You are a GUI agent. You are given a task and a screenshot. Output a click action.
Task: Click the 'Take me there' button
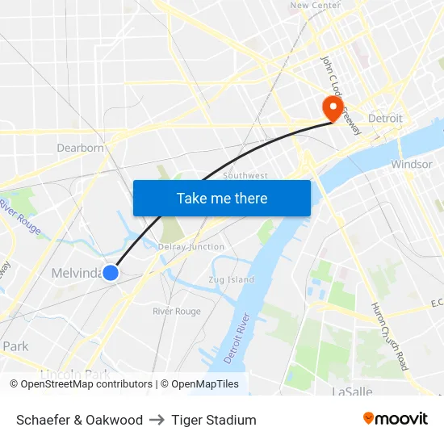pyautogui.click(x=222, y=198)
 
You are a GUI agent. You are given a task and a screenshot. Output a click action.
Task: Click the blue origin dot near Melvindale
pyautogui.click(x=111, y=274)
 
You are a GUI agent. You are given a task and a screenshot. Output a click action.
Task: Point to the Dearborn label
pyautogui.click(x=80, y=148)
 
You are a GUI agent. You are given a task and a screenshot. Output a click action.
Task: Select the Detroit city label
pyautogui.click(x=385, y=118)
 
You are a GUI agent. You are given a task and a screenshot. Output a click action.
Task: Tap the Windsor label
pyautogui.click(x=411, y=164)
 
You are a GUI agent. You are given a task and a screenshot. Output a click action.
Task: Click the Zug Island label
pyautogui.click(x=231, y=279)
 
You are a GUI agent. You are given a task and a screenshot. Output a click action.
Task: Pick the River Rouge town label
pyautogui.click(x=177, y=311)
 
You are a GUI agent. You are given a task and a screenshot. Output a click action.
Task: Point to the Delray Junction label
pyautogui.click(x=191, y=246)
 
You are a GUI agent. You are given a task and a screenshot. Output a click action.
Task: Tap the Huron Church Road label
pyautogui.click(x=390, y=336)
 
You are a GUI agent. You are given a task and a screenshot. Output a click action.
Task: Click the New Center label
pyautogui.click(x=315, y=6)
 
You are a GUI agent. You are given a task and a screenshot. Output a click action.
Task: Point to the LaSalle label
pyautogui.click(x=352, y=392)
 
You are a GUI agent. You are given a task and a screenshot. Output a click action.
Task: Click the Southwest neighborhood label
pyautogui.click(x=245, y=175)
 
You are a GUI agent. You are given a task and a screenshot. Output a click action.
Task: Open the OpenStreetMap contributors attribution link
pyautogui.click(x=86, y=384)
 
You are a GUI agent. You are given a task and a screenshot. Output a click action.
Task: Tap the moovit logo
pyautogui.click(x=395, y=419)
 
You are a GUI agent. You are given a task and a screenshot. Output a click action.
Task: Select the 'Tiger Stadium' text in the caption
pyautogui.click(x=213, y=420)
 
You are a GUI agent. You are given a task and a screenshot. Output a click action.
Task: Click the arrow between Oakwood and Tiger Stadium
pyautogui.click(x=157, y=420)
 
